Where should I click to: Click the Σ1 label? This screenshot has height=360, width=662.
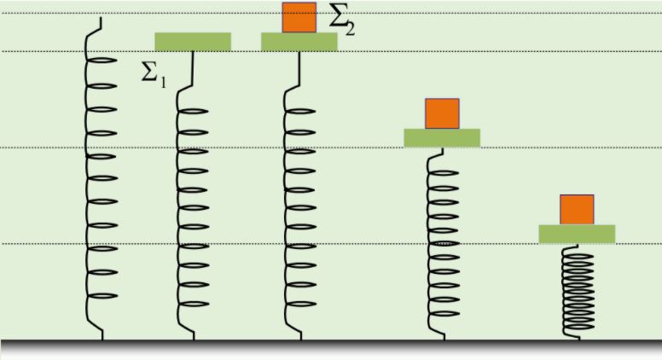tap(154, 73)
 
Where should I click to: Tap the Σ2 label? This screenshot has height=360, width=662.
tap(340, 19)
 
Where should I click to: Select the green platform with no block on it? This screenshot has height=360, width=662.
tap(193, 42)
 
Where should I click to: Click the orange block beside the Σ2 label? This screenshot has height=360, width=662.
tap(299, 17)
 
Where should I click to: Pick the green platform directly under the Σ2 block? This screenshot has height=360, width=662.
tap(299, 42)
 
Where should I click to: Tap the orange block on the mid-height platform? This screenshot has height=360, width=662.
tap(442, 113)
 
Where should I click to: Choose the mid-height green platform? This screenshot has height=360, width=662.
tap(442, 137)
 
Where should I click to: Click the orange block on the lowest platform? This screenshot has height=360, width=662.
tap(577, 209)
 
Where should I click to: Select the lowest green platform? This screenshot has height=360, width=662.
tap(577, 234)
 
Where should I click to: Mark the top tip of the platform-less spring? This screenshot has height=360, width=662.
tap(102, 18)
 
